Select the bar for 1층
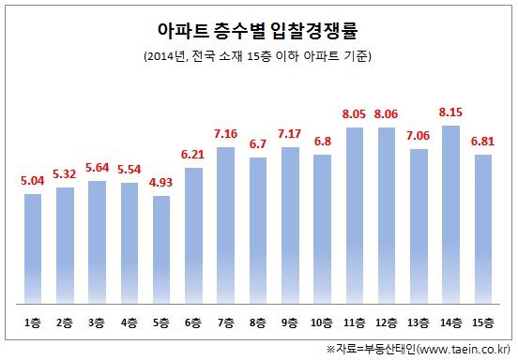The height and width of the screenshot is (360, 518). tap(33, 248)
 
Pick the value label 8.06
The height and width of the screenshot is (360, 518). tap(387, 115)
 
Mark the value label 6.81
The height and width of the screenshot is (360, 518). tap(484, 142)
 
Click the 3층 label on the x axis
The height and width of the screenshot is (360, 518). tap(98, 322)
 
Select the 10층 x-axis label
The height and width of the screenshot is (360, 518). tap(323, 322)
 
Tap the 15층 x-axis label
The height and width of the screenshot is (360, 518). tap(484, 322)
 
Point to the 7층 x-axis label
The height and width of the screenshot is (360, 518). tap(226, 322)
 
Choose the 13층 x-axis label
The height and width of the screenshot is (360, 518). tap(419, 322)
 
